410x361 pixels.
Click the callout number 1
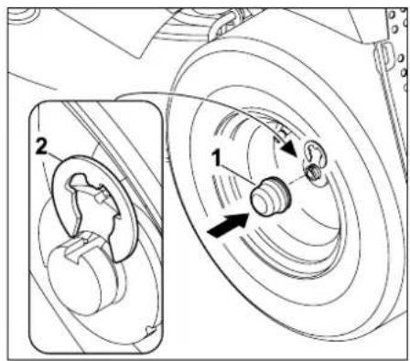click(x=217, y=158)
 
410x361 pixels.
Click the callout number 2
click(x=42, y=145)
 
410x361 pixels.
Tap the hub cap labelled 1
click(x=269, y=196)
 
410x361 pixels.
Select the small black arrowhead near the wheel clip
click(x=289, y=149)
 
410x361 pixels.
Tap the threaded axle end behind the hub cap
click(x=312, y=173)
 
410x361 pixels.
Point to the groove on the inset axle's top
click(x=76, y=248)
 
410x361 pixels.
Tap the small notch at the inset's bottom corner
click(x=150, y=329)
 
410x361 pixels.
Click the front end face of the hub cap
click(x=262, y=201)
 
